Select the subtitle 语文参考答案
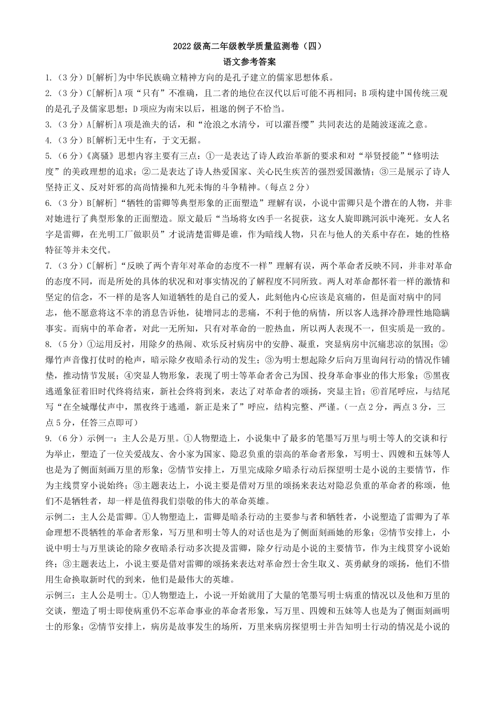coord(250,62)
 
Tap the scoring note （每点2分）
coord(287,187)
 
